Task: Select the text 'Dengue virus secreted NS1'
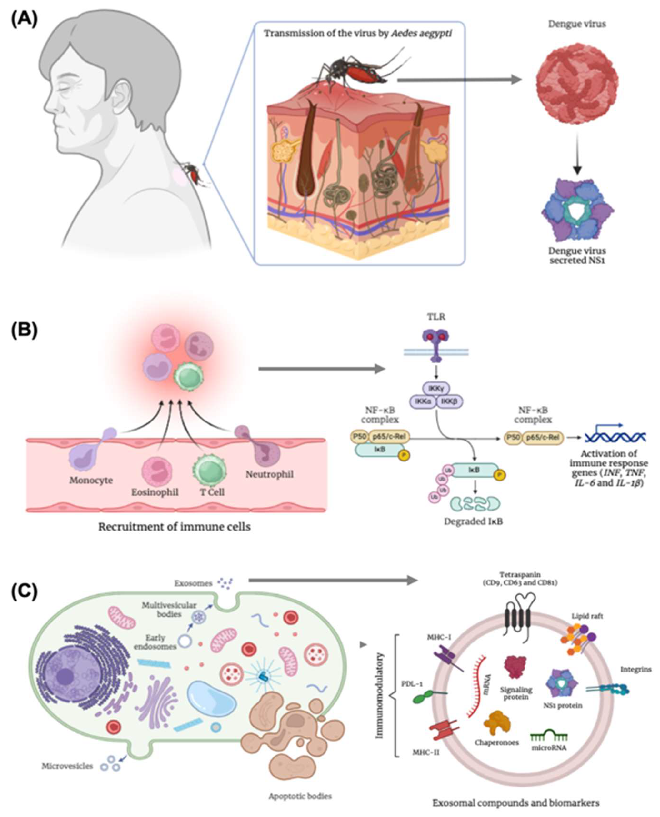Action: (x=577, y=256)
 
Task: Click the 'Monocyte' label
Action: (x=91, y=480)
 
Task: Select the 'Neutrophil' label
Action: (x=270, y=475)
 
